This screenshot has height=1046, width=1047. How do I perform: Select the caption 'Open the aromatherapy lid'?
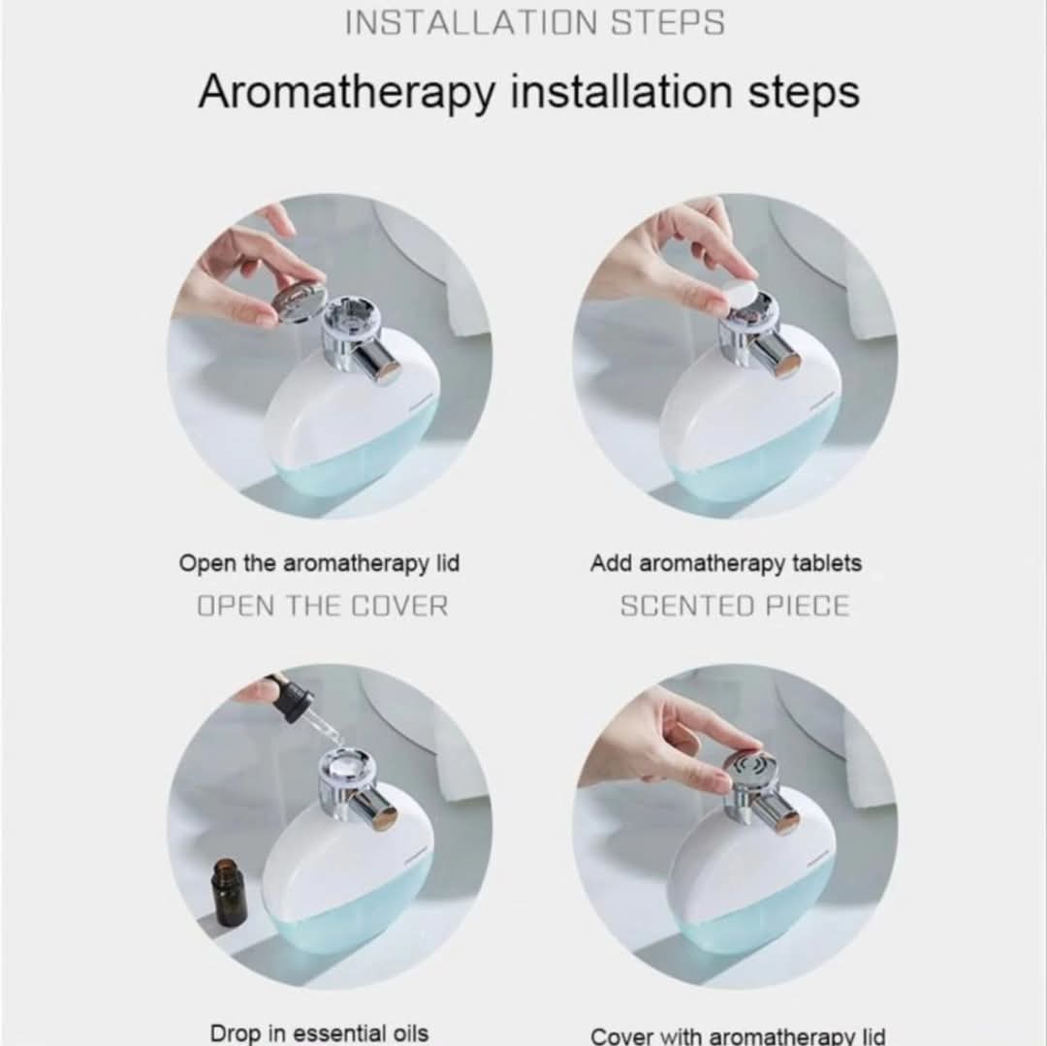click(319, 563)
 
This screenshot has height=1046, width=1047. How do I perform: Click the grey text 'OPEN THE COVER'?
click(323, 606)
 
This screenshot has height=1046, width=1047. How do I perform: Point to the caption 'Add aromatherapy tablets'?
click(726, 563)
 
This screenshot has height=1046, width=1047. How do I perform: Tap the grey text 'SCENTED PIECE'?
click(735, 606)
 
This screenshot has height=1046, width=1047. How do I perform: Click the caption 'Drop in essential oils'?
click(319, 1032)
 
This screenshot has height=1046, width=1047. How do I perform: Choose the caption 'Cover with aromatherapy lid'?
click(738, 1036)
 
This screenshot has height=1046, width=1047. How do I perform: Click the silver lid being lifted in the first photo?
click(300, 302)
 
